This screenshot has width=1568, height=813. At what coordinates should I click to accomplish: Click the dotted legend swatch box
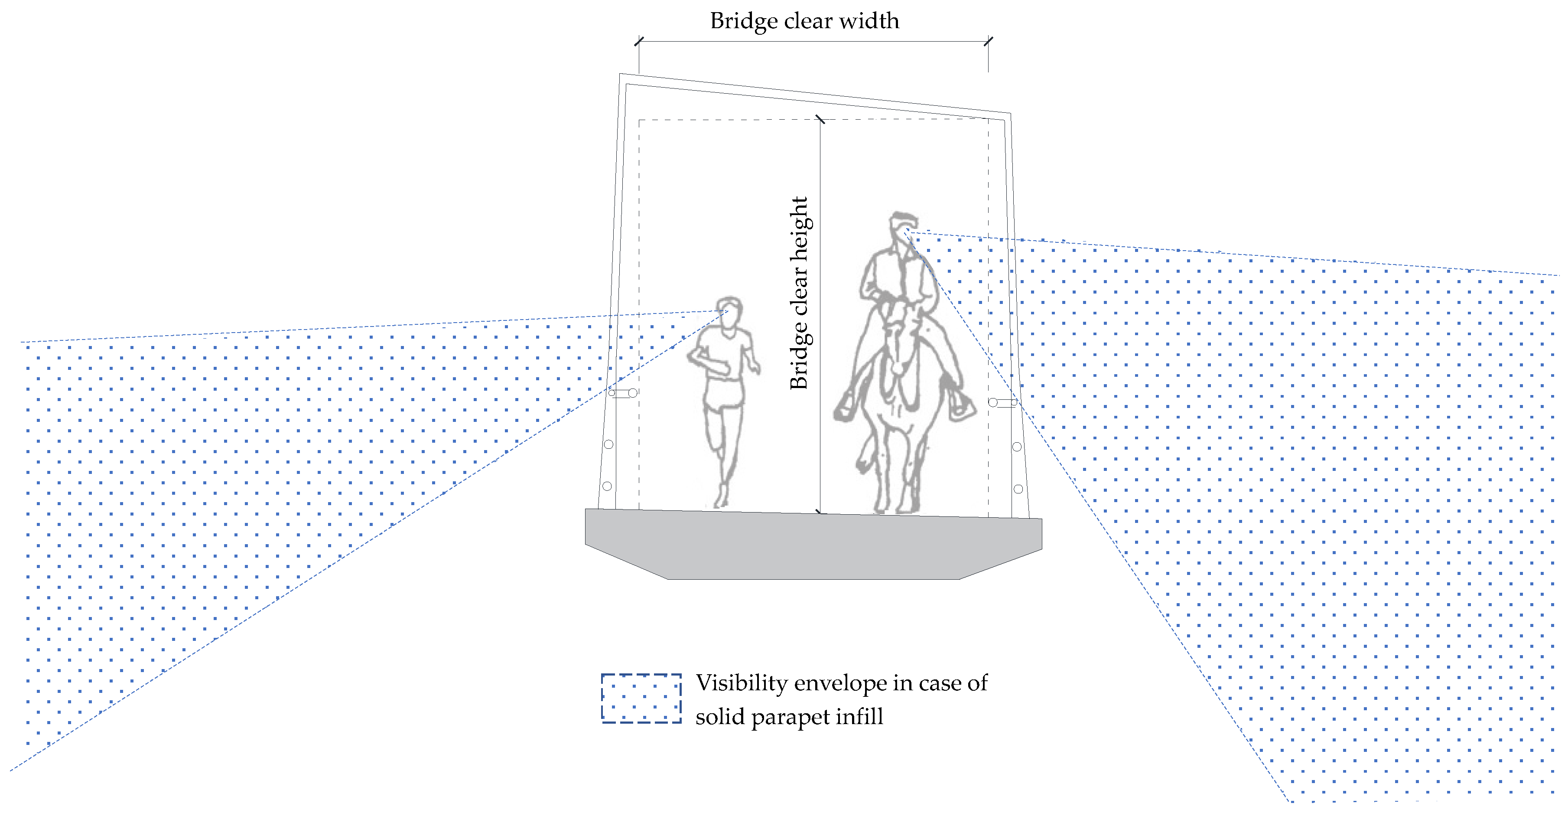point(641,698)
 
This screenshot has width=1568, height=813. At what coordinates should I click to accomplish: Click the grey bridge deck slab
point(813,545)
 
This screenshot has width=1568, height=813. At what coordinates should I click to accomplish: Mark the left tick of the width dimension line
point(638,42)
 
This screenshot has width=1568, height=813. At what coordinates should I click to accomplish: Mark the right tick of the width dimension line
point(988,42)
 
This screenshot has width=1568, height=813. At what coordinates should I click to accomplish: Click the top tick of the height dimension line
point(820,119)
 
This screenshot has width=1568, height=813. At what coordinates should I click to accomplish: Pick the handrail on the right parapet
point(1003,402)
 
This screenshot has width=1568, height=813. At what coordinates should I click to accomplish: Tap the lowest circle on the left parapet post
point(607,486)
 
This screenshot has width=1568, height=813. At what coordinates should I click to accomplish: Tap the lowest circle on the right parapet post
point(1018,489)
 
